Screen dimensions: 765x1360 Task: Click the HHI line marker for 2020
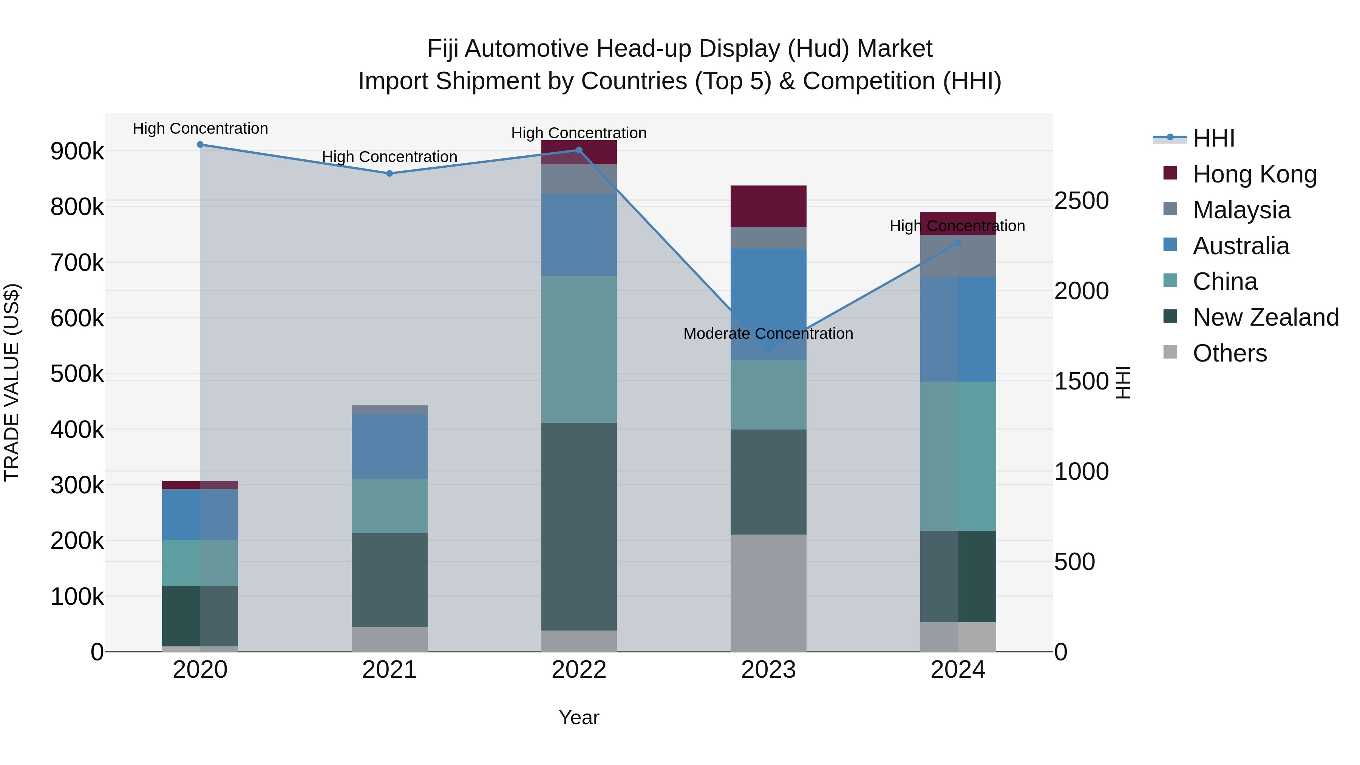click(200, 145)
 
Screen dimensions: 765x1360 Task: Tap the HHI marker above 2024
click(958, 243)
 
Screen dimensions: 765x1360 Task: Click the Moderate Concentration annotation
click(768, 334)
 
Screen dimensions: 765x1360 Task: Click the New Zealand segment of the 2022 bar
click(579, 526)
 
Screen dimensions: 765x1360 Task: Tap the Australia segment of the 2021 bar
click(389, 447)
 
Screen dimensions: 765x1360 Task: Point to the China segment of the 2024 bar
click(958, 456)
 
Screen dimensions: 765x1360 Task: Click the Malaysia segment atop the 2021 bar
click(389, 410)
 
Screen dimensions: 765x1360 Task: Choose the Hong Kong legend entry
click(1254, 174)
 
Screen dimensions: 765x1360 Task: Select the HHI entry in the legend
click(1213, 138)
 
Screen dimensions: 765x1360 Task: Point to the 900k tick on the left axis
click(77, 151)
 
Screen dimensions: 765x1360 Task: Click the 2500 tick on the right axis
click(1081, 201)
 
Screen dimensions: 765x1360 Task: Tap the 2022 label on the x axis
click(579, 670)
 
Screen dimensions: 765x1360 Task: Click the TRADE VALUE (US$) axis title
click(12, 382)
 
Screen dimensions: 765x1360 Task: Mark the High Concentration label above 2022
click(579, 133)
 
